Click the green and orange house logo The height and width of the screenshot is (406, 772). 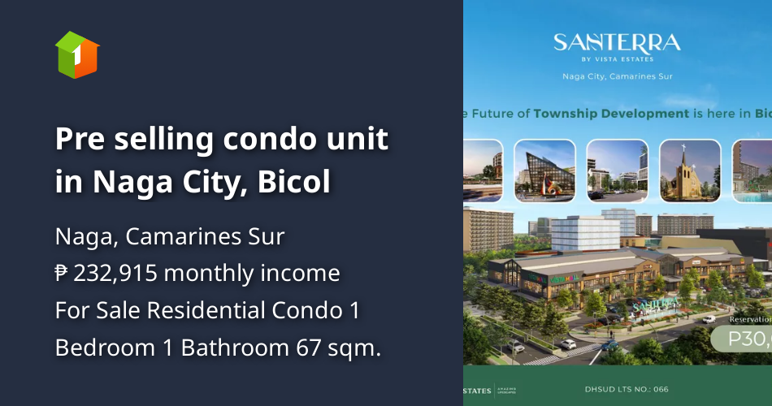[77, 54]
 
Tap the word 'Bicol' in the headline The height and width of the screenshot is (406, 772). [294, 183]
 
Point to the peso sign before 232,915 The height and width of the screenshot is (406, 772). [62, 274]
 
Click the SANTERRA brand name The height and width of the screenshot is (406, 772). [617, 42]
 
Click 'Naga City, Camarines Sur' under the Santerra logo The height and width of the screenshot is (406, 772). [617, 77]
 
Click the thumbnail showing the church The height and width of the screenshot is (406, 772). [689, 171]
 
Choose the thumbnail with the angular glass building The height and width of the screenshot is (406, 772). [544, 171]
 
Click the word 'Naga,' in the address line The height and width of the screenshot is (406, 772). [82, 237]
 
